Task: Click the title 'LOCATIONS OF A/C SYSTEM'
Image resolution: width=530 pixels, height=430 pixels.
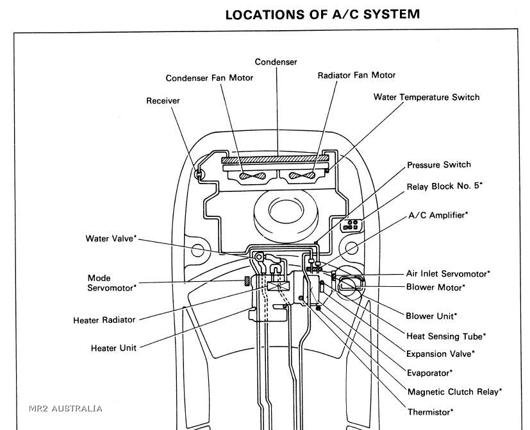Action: [x=322, y=14]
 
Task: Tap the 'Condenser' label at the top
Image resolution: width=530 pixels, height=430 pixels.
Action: [x=276, y=62]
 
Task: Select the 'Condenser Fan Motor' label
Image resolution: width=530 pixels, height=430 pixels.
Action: [x=210, y=78]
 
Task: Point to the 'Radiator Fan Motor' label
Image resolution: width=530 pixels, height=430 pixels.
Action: [x=356, y=75]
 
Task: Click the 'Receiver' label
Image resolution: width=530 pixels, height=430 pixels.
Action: [x=163, y=101]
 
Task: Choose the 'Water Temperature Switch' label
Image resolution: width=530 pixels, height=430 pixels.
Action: [x=426, y=97]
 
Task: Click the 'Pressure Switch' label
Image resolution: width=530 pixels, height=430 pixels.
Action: [x=439, y=165]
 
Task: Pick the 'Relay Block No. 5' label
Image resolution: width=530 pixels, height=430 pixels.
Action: [x=444, y=186]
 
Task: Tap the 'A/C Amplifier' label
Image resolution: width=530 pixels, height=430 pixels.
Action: [x=438, y=215]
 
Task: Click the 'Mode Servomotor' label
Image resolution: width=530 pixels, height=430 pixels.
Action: [x=112, y=283]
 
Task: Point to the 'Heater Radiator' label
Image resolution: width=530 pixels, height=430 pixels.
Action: [x=104, y=320]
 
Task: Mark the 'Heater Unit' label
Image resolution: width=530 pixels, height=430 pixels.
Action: [x=113, y=348]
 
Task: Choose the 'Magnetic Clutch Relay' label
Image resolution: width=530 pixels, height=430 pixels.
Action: [x=454, y=391]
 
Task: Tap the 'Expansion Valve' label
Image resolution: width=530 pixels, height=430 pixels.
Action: [x=440, y=354]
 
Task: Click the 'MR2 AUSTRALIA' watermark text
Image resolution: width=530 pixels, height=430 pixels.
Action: [x=65, y=408]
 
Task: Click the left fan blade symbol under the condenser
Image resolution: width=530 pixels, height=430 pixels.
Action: [x=247, y=175]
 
